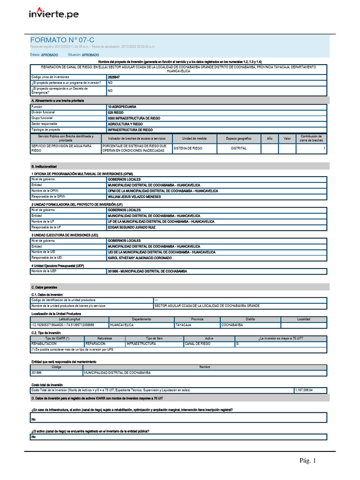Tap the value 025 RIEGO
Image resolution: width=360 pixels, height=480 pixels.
tap(116, 112)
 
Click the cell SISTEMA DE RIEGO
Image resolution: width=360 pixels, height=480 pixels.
tap(188, 148)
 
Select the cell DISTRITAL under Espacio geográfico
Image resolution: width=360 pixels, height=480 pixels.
tap(239, 148)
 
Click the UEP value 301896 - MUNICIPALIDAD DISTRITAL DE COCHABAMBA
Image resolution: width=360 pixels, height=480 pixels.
tap(147, 271)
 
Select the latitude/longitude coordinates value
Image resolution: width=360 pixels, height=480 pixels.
tap(63, 325)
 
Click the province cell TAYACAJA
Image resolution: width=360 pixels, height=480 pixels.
tap(183, 325)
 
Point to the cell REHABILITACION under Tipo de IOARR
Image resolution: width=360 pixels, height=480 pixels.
tap(46, 344)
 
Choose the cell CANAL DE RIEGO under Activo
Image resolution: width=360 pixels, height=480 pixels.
tap(197, 344)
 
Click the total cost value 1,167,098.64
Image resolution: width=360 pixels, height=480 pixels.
tap(304, 390)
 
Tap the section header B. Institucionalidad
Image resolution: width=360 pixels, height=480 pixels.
tap(44, 166)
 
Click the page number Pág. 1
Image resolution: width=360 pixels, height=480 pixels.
tap(308, 461)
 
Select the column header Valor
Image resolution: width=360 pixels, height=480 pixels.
tap(287, 139)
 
